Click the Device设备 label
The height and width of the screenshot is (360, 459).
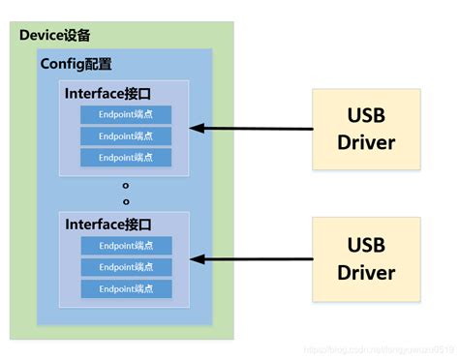point(55,36)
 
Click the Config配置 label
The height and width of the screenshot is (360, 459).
point(76,64)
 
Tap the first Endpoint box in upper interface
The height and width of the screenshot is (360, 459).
point(126,114)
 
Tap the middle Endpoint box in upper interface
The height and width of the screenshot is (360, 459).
point(126,135)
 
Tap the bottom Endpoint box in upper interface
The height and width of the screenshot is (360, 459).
point(126,157)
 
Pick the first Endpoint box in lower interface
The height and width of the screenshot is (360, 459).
point(126,246)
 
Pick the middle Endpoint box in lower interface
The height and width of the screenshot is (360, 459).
point(126,267)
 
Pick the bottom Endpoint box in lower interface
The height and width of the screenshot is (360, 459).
point(126,288)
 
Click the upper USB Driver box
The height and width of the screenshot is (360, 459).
point(366,129)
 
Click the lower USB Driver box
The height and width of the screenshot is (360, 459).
point(366,257)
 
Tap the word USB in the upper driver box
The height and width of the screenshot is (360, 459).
point(366,116)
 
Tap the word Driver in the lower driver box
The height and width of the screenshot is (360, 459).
point(366,272)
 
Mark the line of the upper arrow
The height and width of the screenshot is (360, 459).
point(257,128)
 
